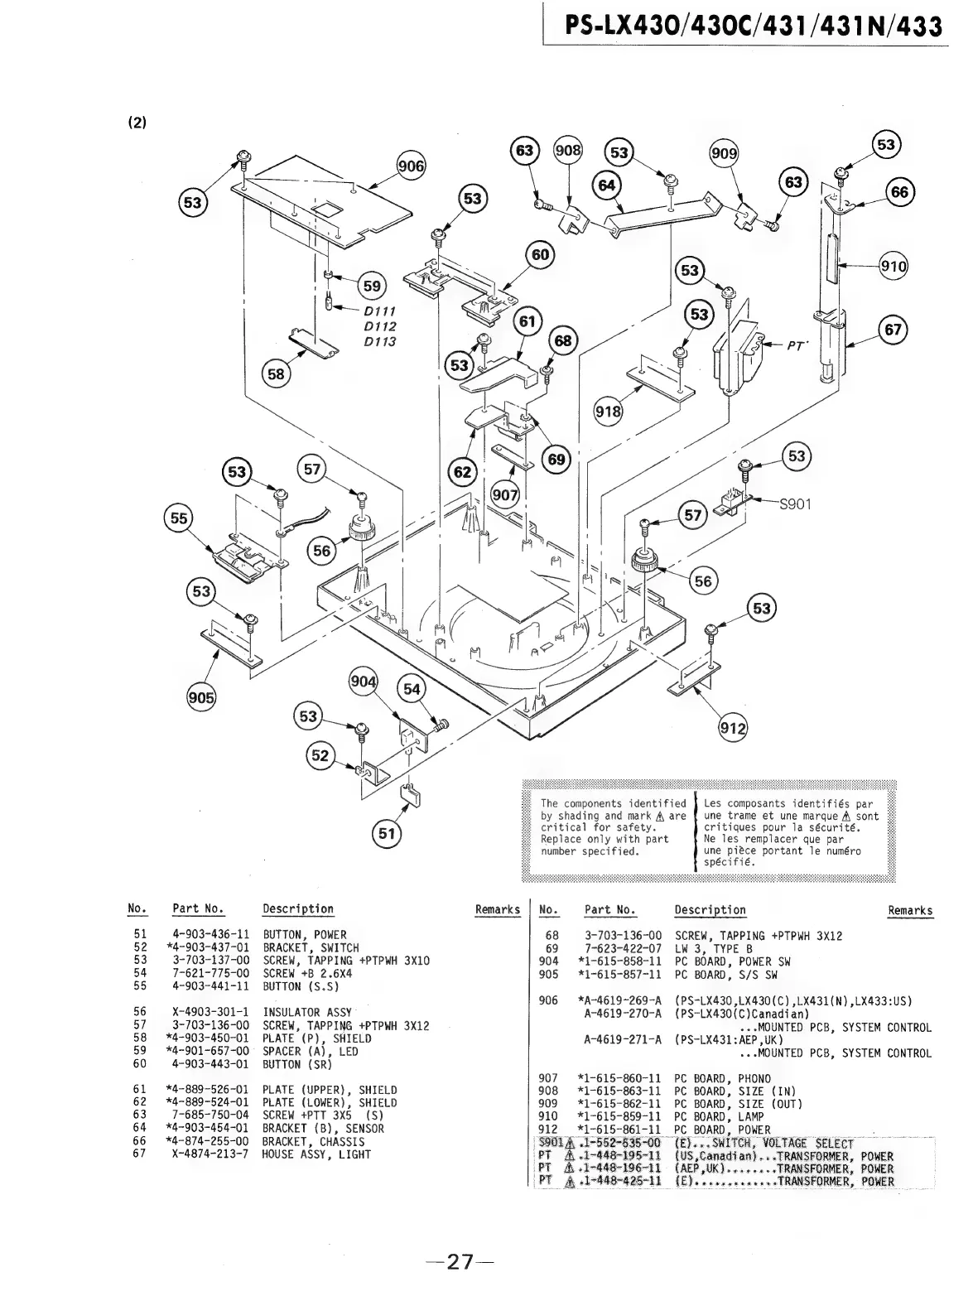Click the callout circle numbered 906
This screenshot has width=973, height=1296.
pyautogui.click(x=412, y=166)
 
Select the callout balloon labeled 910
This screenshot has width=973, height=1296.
pyautogui.click(x=893, y=267)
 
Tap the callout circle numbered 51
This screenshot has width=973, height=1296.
pyautogui.click(x=386, y=833)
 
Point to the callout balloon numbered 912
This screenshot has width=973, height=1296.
pyautogui.click(x=732, y=729)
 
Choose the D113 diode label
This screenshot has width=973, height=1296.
pyautogui.click(x=380, y=341)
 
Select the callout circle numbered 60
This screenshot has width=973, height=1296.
pyautogui.click(x=540, y=255)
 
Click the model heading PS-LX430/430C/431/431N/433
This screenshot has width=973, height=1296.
pyautogui.click(x=754, y=26)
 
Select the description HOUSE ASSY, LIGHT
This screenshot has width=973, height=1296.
pyautogui.click(x=316, y=1154)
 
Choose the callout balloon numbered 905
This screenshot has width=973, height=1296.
pyautogui.click(x=200, y=697)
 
